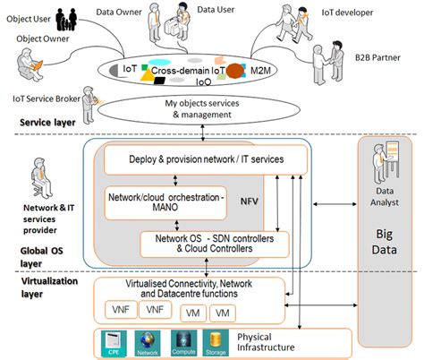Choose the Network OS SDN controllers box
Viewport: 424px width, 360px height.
tap(216, 242)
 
